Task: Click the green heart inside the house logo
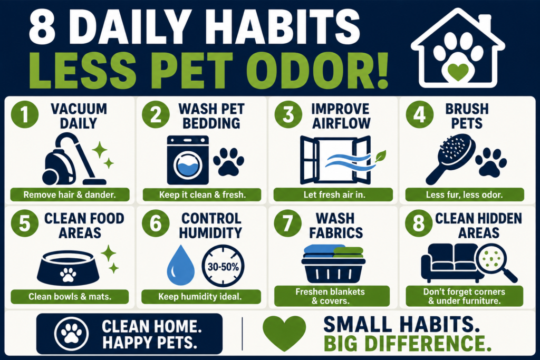point(458,72)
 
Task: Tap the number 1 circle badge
point(24,114)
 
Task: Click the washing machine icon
point(188,160)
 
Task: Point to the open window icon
point(335,160)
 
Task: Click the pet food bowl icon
point(68,268)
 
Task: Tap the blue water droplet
point(180,265)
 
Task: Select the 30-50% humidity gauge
point(223,266)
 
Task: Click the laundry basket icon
point(333,264)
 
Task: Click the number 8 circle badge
point(419,223)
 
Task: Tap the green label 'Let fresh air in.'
point(333,194)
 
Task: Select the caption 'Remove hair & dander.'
point(70,194)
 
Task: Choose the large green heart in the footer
point(284,333)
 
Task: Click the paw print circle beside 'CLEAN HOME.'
point(71,334)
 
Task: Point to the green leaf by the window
point(380,156)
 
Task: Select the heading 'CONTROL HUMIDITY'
point(211,226)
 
